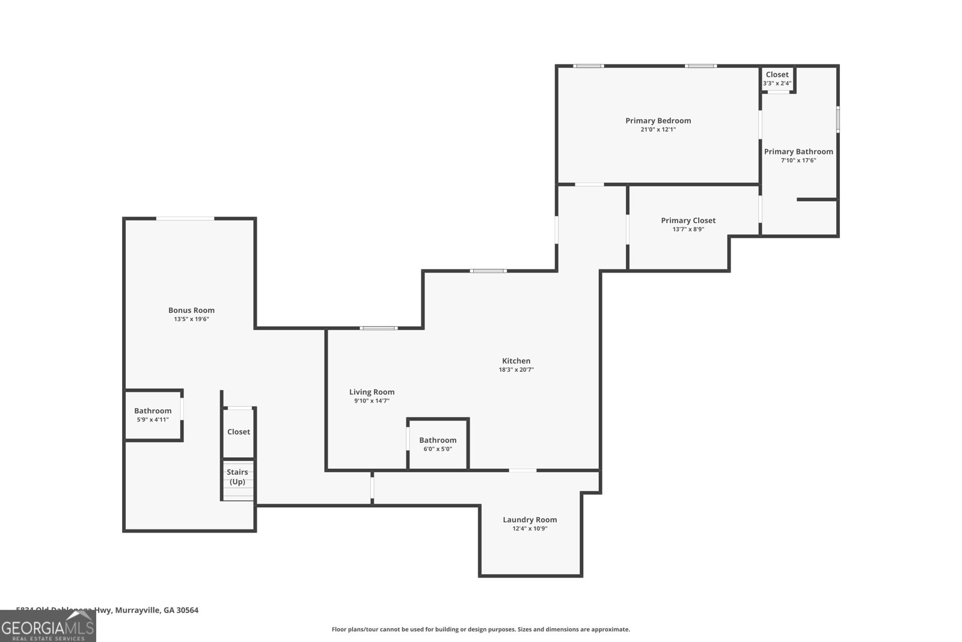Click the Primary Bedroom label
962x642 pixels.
pyautogui.click(x=658, y=120)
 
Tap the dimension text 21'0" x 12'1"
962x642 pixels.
pyautogui.click(x=658, y=129)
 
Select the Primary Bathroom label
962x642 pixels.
pyautogui.click(x=798, y=152)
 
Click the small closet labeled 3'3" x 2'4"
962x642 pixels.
pyautogui.click(x=777, y=79)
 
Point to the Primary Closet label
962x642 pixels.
pyautogui.click(x=688, y=220)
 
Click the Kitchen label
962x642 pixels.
pyautogui.click(x=516, y=361)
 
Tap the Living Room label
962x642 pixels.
pyautogui.click(x=372, y=392)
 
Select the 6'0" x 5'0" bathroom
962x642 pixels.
pyautogui.click(x=438, y=444)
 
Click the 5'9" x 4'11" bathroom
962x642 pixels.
pyautogui.click(x=153, y=415)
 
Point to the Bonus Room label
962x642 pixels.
pyautogui.click(x=191, y=310)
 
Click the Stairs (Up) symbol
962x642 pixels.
pyautogui.click(x=237, y=480)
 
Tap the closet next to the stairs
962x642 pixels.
pyautogui.click(x=238, y=432)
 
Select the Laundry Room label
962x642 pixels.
pyautogui.click(x=530, y=520)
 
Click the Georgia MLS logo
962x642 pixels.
pyautogui.click(x=47, y=626)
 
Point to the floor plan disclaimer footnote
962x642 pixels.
pyautogui.click(x=480, y=629)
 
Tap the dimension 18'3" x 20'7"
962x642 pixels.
pyautogui.click(x=516, y=370)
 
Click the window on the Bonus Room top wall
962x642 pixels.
pyautogui.click(x=185, y=218)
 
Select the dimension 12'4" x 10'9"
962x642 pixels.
pyautogui.click(x=530, y=529)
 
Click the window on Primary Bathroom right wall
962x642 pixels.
pyautogui.click(x=838, y=119)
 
